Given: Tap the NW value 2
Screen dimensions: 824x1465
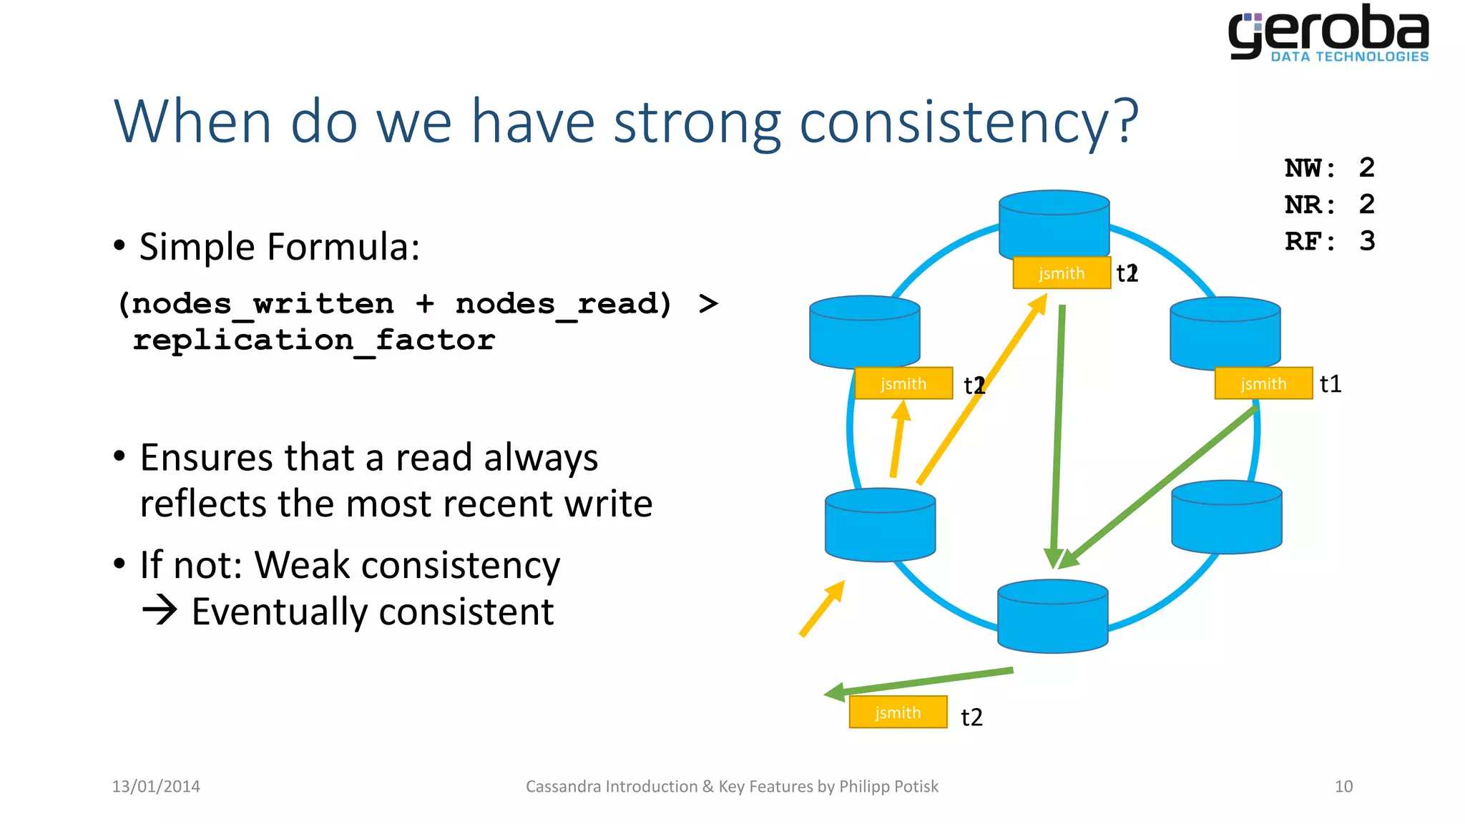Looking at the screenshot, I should coord(1366,168).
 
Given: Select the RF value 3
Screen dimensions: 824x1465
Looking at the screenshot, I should coord(1366,241).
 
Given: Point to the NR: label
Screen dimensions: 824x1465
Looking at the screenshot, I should coord(1309,205).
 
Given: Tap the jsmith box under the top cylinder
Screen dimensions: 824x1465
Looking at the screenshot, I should coord(1062,273).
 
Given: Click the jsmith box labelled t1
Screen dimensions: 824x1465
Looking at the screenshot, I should coord(1263,383).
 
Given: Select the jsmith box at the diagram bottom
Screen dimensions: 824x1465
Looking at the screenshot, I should coord(898,712).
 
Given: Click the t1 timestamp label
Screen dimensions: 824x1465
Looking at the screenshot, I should coord(1331,384).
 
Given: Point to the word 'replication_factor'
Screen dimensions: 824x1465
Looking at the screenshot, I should coord(314,340).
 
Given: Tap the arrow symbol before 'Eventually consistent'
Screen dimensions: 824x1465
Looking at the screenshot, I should coord(160,610).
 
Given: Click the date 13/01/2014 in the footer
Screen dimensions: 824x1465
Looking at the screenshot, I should coord(156,786).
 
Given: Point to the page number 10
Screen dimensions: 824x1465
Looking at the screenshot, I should coord(1343,786).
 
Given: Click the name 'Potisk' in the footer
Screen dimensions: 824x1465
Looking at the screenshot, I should coord(916,786).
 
